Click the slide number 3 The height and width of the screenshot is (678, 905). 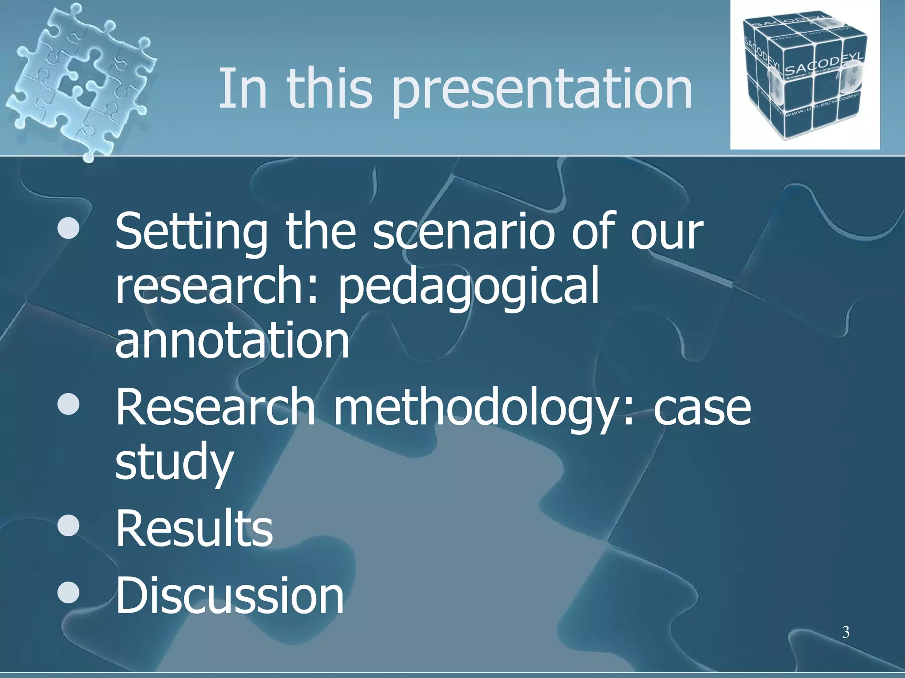point(845,633)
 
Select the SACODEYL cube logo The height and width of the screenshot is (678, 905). point(804,75)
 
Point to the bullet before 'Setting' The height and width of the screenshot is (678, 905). point(68,230)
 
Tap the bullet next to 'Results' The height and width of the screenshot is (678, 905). point(68,526)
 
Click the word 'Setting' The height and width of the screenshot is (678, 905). point(191,233)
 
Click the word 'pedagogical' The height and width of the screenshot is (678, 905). point(468,287)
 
